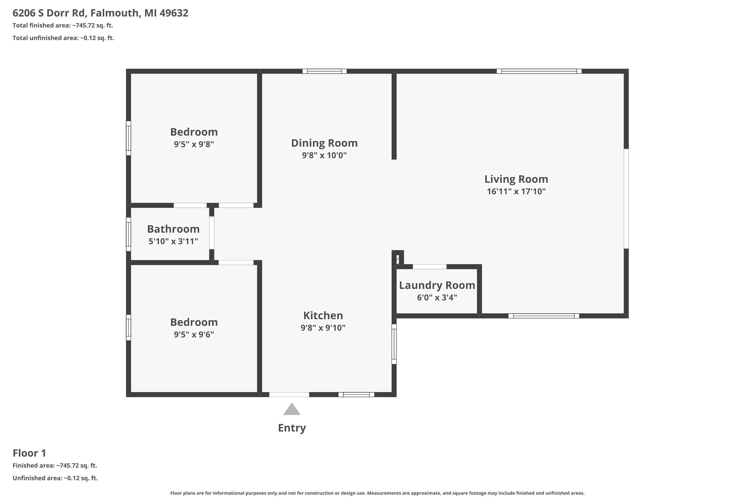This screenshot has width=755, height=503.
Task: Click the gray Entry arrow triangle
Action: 291,410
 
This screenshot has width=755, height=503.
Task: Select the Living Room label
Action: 516,179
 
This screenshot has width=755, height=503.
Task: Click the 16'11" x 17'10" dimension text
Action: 516,191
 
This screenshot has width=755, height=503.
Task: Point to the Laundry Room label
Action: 437,285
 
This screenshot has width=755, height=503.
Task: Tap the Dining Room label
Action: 324,143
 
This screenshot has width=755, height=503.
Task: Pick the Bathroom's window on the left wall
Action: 128,234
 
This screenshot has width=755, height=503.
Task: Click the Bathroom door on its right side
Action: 212,233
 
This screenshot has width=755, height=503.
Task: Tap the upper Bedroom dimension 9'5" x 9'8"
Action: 194,144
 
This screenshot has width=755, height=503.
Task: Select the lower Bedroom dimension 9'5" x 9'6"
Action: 194,334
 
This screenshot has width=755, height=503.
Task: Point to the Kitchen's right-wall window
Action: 394,344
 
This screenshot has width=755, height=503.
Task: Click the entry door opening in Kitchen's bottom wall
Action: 289,395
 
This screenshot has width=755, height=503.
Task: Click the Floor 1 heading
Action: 29,453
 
